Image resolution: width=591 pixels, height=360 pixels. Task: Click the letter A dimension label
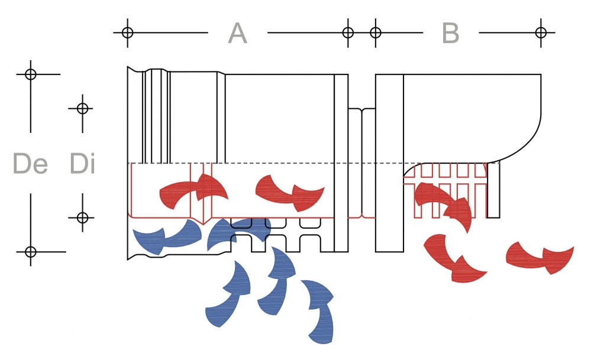(237, 33)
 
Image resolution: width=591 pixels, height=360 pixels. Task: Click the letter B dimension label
(451, 33)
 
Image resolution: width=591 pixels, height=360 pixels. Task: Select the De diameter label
(30, 164)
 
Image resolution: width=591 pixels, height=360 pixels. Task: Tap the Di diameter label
(82, 164)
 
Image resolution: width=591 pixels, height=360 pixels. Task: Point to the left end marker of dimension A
(127, 32)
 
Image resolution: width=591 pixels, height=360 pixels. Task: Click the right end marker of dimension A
(348, 32)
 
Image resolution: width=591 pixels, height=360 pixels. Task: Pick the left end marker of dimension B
(375, 32)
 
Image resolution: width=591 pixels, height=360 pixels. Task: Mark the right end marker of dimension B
(540, 32)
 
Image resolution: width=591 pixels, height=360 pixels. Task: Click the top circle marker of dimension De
(30, 74)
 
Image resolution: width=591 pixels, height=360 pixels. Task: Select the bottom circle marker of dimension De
(30, 252)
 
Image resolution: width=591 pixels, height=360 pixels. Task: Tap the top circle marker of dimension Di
(82, 108)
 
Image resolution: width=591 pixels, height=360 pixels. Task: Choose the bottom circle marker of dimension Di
(82, 218)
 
